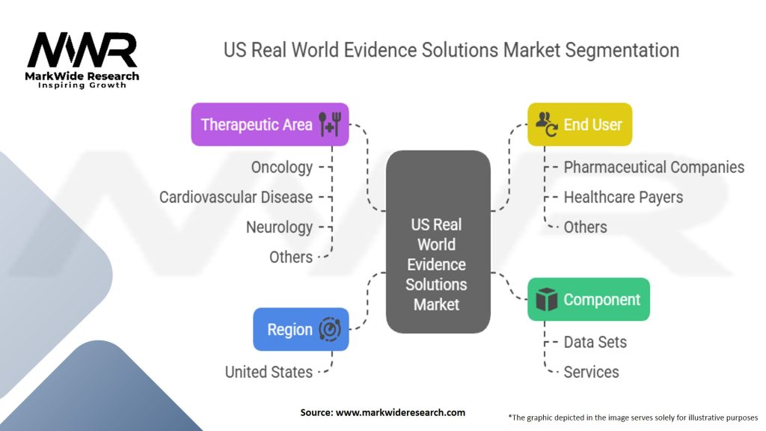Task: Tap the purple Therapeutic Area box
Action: [x=270, y=124]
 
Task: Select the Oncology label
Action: [x=281, y=167]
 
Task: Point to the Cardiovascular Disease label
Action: [x=236, y=197]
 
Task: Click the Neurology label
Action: [x=279, y=227]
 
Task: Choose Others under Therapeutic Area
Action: [x=291, y=257]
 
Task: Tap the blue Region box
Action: [x=301, y=329]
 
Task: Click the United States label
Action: [x=269, y=371]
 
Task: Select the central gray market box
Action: [x=438, y=242]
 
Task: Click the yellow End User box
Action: [x=580, y=124]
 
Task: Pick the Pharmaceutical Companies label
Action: [x=654, y=167]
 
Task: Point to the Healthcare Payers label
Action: [x=623, y=197]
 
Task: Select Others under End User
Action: [x=585, y=227]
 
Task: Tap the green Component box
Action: [x=588, y=299]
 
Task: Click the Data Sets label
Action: [x=595, y=342]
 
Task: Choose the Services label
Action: [x=591, y=372]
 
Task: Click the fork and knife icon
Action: [x=329, y=124]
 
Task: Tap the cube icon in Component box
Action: [x=547, y=300]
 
